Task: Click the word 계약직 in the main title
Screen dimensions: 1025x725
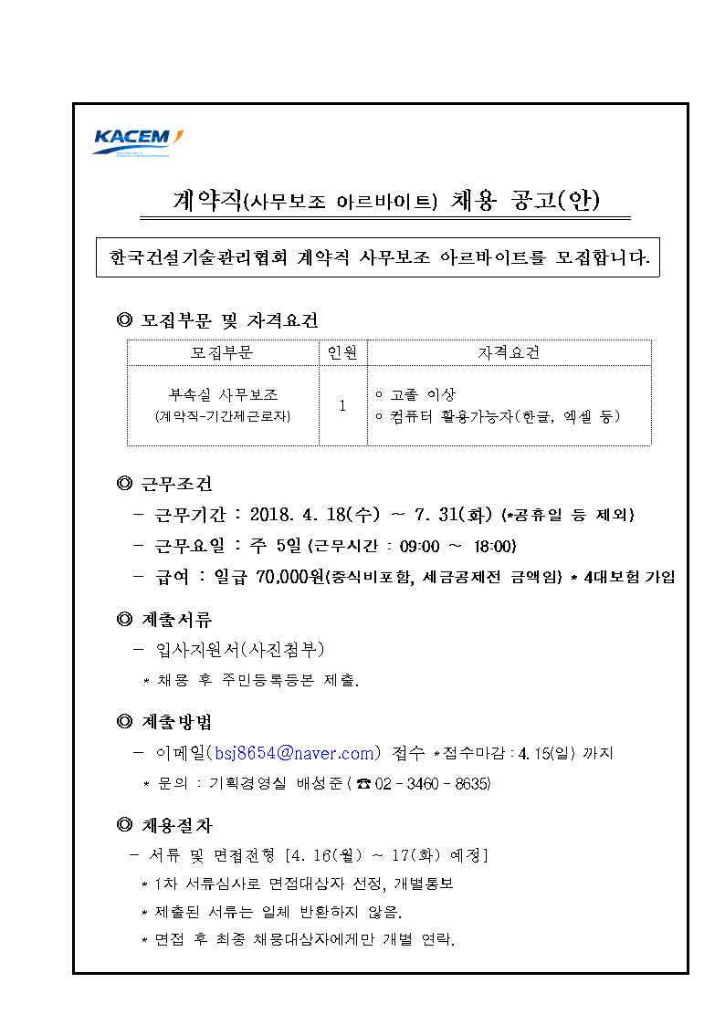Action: (x=210, y=201)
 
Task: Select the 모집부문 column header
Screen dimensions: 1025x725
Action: (x=222, y=352)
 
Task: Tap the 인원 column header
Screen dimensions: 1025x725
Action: (x=342, y=352)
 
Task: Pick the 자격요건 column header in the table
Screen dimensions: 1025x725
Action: (x=509, y=352)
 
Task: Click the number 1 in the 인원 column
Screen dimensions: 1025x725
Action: (x=342, y=405)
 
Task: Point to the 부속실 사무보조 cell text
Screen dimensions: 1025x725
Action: (x=223, y=395)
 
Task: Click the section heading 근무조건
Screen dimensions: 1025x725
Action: (x=177, y=484)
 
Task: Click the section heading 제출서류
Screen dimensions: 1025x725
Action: (x=177, y=620)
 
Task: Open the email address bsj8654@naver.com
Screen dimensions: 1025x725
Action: (x=292, y=753)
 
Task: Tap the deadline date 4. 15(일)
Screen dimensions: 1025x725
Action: (x=548, y=754)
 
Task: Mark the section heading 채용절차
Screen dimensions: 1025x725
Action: (x=177, y=825)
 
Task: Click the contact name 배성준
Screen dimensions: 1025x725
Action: (x=317, y=784)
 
